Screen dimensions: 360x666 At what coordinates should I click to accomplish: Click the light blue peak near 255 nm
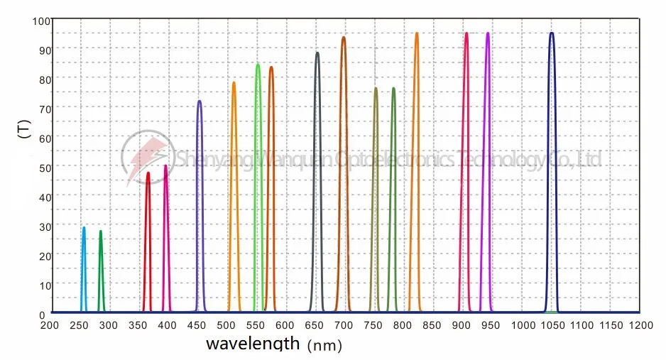84,229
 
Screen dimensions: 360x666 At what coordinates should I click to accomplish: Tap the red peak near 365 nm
148,174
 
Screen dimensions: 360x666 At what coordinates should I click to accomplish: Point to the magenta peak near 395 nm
166,167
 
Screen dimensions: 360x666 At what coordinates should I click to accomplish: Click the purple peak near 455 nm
200,102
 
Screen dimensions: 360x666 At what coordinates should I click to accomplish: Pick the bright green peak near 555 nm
258,65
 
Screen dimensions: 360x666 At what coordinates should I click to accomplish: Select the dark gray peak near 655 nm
317,54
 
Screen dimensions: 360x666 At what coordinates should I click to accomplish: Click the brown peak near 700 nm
344,38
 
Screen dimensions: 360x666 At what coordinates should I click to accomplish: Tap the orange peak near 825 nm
416,34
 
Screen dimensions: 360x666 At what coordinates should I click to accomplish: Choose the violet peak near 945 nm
487,34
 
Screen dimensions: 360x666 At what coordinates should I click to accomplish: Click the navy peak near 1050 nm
551,34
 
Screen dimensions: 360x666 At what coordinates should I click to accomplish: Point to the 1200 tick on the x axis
640,325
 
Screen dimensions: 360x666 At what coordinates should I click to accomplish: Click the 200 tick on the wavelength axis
49,325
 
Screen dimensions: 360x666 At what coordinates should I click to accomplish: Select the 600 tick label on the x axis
285,325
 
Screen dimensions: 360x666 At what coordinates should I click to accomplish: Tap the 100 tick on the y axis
39,21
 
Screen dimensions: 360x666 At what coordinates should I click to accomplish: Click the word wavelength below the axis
253,344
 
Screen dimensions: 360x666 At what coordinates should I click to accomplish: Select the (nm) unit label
324,346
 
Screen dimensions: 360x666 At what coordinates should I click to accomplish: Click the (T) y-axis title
23,129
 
